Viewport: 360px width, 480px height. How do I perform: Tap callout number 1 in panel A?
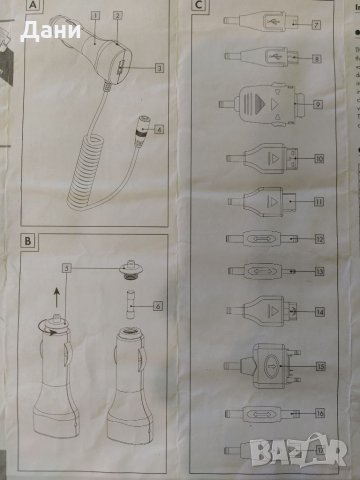point(95,16)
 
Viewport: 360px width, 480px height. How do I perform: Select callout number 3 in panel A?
point(158,67)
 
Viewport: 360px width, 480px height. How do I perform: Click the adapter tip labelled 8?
point(260,58)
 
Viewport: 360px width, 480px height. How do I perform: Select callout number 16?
point(317,411)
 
